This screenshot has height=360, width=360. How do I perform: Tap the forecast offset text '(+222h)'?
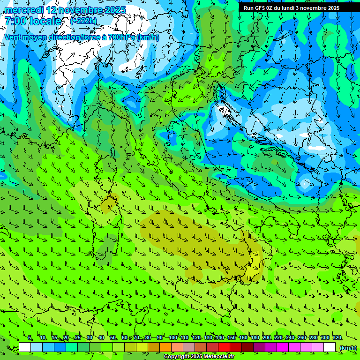pyautogui.click(x=83, y=21)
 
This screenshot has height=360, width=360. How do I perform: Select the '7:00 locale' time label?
pyautogui.click(x=33, y=21)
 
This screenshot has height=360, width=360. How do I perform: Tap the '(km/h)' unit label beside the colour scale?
pyautogui.click(x=347, y=347)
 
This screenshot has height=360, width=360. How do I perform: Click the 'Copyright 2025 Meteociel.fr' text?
pyautogui.click(x=199, y=357)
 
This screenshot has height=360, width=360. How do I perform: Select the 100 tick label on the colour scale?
pyautogui.click(x=172, y=337)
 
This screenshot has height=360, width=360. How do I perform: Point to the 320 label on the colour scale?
pyautogui.click(x=337, y=337)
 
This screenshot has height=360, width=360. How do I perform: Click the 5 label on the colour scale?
pyautogui.click(x=30, y=337)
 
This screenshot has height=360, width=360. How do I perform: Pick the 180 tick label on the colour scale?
pyautogui.click(x=255, y=337)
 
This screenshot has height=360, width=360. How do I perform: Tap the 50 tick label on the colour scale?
pyautogui.click(x=113, y=337)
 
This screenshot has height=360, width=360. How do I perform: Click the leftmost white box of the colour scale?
pyautogui.click(x=25, y=347)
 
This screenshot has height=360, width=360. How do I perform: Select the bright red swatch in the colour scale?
pyautogui.click(x=224, y=347)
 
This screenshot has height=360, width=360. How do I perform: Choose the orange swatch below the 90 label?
pyautogui.click(x=165, y=347)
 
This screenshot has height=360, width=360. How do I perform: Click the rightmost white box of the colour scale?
pyautogui.click(x=330, y=347)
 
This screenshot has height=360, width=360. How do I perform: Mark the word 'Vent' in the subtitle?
pyautogui.click(x=13, y=37)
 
